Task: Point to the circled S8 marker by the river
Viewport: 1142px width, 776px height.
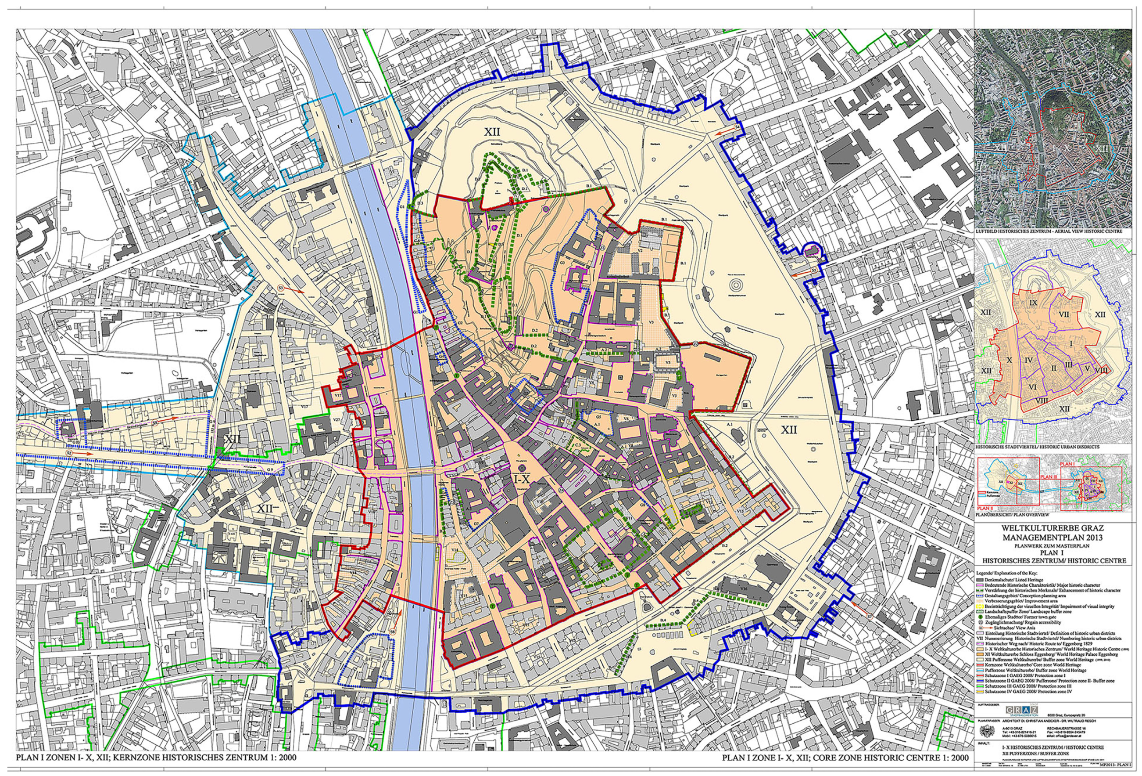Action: tap(393, 632)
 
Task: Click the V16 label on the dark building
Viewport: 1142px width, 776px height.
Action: tap(745, 588)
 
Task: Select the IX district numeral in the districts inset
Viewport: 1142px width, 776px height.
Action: tap(1033, 303)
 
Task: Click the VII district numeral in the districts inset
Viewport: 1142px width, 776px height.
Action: tap(1065, 314)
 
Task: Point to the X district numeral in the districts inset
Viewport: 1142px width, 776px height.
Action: tap(1010, 361)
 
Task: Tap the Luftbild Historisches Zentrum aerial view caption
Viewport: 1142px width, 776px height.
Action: tap(1048, 231)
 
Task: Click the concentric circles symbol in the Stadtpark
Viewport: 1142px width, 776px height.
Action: tap(736, 284)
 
